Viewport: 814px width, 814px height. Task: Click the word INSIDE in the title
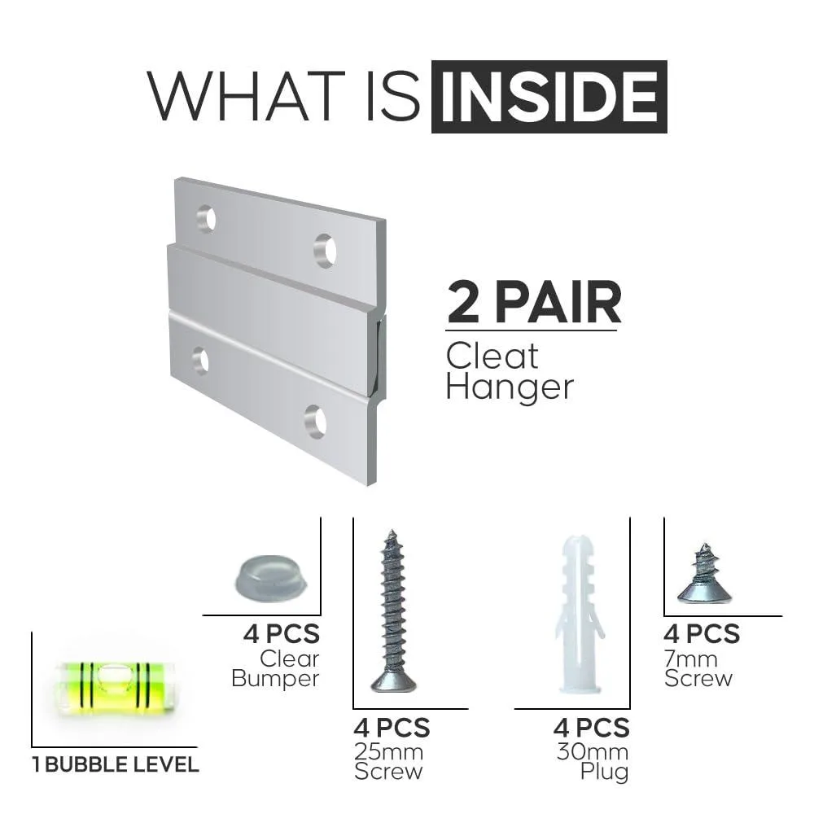pyautogui.click(x=549, y=97)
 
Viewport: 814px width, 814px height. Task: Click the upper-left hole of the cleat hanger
pyautogui.click(x=207, y=218)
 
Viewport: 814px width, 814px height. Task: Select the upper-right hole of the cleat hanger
pyautogui.click(x=326, y=251)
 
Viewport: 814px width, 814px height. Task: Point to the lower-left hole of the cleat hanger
pyautogui.click(x=200, y=360)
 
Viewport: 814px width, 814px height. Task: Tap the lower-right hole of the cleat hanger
pyautogui.click(x=316, y=421)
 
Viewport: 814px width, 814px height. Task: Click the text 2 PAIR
pyautogui.click(x=534, y=302)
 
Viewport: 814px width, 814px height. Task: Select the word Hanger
pyautogui.click(x=510, y=387)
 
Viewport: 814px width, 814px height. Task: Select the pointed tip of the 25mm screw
pyautogui.click(x=392, y=532)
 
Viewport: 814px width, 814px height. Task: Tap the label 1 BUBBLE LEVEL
pyautogui.click(x=116, y=764)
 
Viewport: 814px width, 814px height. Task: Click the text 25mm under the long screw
pyautogui.click(x=388, y=751)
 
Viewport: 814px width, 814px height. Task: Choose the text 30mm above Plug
pyautogui.click(x=593, y=751)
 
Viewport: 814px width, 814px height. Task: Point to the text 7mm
pyautogui.click(x=691, y=659)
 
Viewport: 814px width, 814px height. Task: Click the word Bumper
pyautogui.click(x=275, y=679)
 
